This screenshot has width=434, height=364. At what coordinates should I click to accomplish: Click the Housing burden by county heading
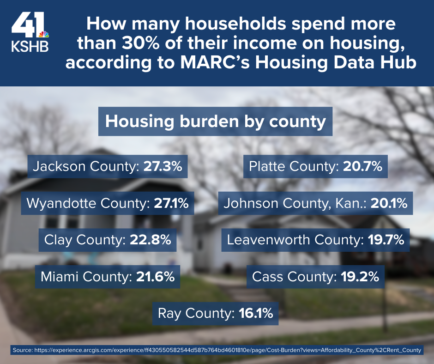pos(215,121)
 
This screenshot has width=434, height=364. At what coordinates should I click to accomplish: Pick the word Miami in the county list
pos(58,277)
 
